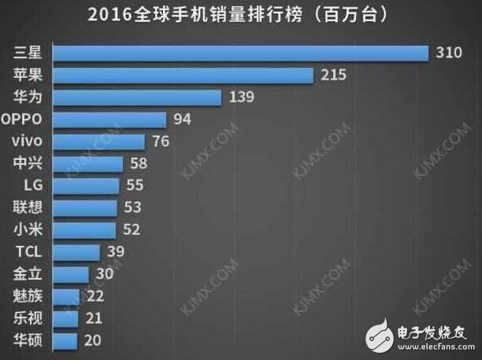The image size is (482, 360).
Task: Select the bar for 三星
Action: pyautogui.click(x=243, y=53)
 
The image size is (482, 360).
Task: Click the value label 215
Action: pyautogui.click(x=335, y=76)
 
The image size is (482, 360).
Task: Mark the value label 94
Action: pyautogui.click(x=183, y=120)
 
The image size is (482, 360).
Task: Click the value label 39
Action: pyautogui.click(x=116, y=252)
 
